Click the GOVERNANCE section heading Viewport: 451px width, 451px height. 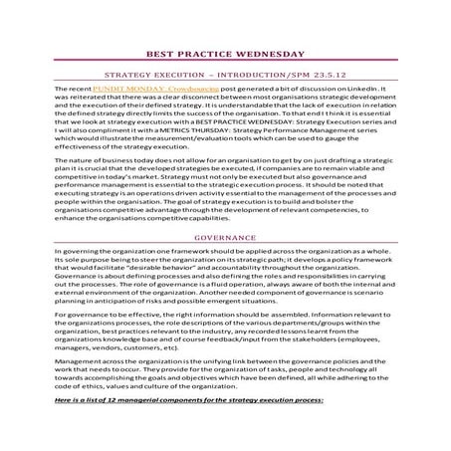click(x=224, y=239)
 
